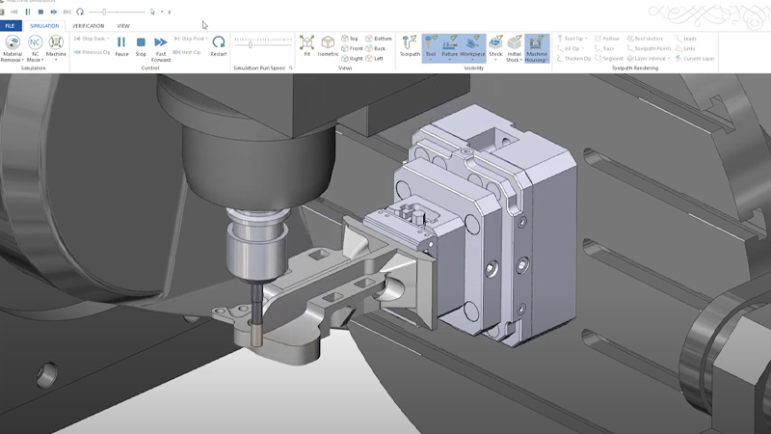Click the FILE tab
[x=12, y=26]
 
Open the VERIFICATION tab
[x=88, y=26]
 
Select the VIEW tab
[x=123, y=26]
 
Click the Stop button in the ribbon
[x=141, y=45]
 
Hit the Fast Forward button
[x=161, y=46]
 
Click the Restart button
[x=219, y=45]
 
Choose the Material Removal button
[x=12, y=46]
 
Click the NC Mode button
[x=35, y=46]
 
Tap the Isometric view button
[x=328, y=45]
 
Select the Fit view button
[x=306, y=45]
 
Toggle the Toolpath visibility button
[x=410, y=45]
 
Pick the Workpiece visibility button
[x=472, y=45]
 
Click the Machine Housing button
[x=537, y=46]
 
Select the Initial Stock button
[x=515, y=46]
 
